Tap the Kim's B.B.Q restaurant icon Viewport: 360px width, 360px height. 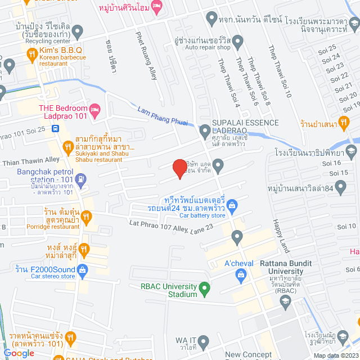(32, 55)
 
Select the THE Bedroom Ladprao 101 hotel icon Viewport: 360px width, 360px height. (95, 112)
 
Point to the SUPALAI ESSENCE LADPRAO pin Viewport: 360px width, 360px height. (205, 132)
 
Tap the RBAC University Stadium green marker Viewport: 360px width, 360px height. (205, 290)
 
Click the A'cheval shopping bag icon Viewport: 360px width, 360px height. (241, 274)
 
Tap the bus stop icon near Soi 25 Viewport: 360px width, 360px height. (55, 128)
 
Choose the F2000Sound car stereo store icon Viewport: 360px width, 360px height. (83, 270)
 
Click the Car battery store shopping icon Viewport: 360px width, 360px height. (230, 204)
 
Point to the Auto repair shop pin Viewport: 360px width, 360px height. (238, 42)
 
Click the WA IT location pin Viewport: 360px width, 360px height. (204, 341)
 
